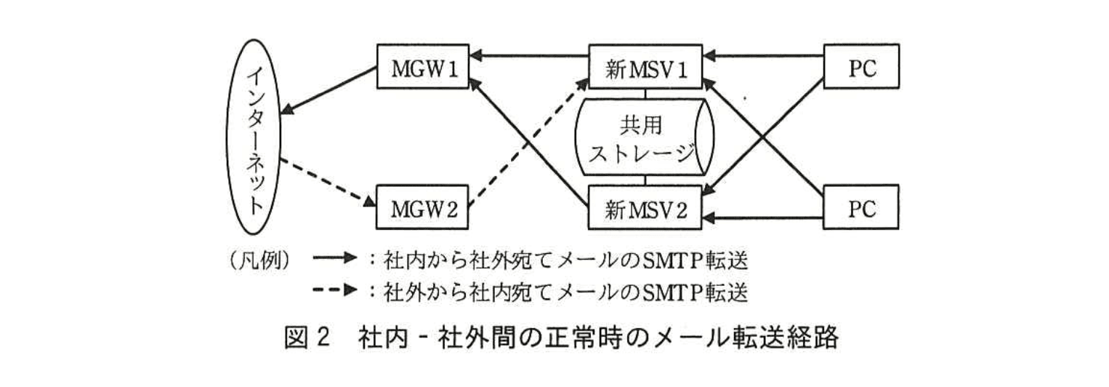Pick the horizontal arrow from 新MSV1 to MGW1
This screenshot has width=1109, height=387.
528,55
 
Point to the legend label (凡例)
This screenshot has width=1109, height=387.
259,259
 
